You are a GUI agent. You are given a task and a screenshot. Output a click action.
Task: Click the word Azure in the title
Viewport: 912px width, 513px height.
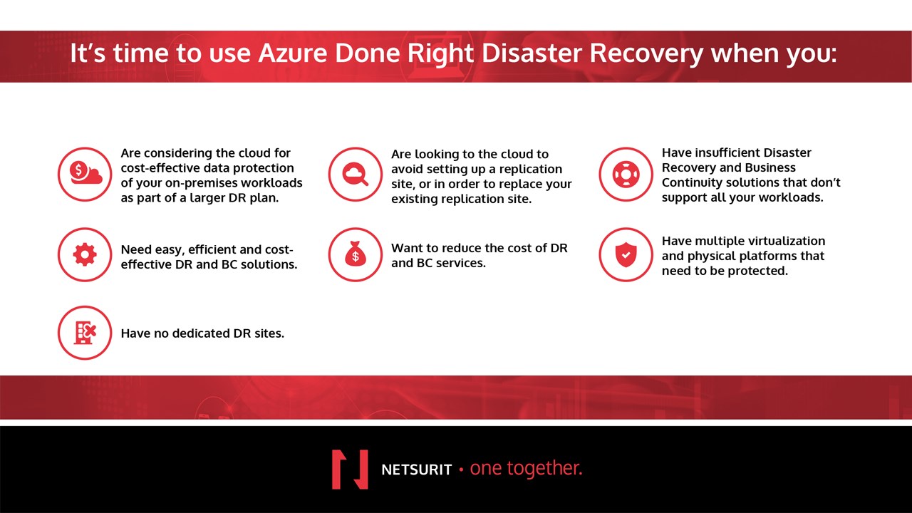pyautogui.click(x=293, y=53)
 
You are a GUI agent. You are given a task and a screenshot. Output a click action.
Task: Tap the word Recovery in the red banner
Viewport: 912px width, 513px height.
pyautogui.click(x=646, y=53)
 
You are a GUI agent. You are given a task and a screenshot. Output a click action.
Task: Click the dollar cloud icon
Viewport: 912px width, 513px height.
pyautogui.click(x=85, y=175)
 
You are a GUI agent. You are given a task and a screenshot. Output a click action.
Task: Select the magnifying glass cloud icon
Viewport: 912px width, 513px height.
pyautogui.click(x=356, y=175)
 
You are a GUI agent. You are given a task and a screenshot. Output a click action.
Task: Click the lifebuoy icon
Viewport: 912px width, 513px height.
pyautogui.click(x=626, y=175)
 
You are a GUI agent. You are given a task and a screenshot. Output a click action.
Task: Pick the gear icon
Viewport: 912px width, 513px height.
pyautogui.click(x=85, y=254)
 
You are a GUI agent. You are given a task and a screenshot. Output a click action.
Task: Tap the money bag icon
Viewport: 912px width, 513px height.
pyautogui.click(x=356, y=254)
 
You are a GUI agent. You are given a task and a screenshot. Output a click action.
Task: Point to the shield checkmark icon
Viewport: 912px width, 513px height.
pyautogui.click(x=626, y=254)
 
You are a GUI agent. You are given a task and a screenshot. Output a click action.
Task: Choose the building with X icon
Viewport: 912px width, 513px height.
pyautogui.click(x=85, y=333)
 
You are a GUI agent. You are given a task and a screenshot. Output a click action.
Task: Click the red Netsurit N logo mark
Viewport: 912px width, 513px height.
pyautogui.click(x=350, y=469)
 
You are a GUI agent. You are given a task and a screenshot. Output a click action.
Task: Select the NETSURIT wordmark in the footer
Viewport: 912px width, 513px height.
pyautogui.click(x=417, y=470)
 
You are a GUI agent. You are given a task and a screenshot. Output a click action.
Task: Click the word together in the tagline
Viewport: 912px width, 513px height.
pyautogui.click(x=546, y=469)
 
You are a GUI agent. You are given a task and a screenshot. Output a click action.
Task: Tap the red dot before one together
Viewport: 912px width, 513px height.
pyautogui.click(x=461, y=470)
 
